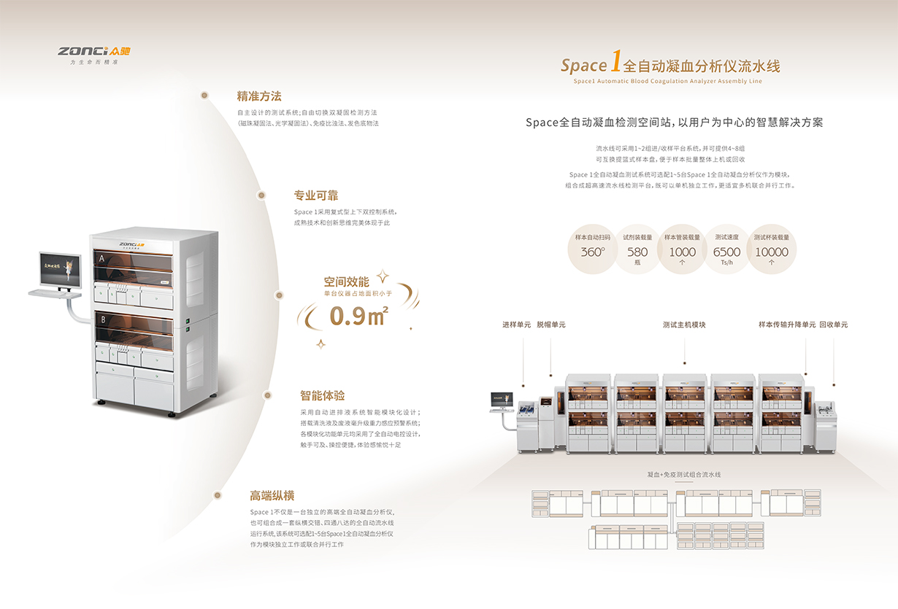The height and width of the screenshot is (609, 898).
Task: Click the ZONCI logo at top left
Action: click(96, 51)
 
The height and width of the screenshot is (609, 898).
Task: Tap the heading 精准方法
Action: click(259, 96)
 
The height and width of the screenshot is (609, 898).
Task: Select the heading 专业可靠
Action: click(316, 195)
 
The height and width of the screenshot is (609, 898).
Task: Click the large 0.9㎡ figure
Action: click(358, 315)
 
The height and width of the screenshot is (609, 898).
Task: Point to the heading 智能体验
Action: click(322, 396)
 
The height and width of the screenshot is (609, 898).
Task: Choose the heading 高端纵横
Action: click(272, 496)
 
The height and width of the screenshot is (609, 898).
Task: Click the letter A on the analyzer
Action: click(101, 258)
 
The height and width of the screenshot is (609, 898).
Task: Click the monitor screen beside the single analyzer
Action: click(59, 268)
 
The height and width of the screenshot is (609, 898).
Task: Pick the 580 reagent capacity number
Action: click(637, 252)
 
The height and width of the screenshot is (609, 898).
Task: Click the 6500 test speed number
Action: click(726, 252)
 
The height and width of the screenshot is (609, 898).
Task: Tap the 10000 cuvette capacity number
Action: click(772, 252)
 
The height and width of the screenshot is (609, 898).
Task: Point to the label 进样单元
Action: click(516, 325)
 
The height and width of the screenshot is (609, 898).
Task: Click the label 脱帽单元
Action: click(551, 325)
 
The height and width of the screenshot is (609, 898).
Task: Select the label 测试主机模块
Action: click(684, 325)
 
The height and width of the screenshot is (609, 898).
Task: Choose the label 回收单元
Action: click(833, 325)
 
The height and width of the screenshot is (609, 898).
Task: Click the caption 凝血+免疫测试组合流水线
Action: click(684, 475)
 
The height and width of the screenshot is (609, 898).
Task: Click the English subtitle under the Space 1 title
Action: click(667, 82)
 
